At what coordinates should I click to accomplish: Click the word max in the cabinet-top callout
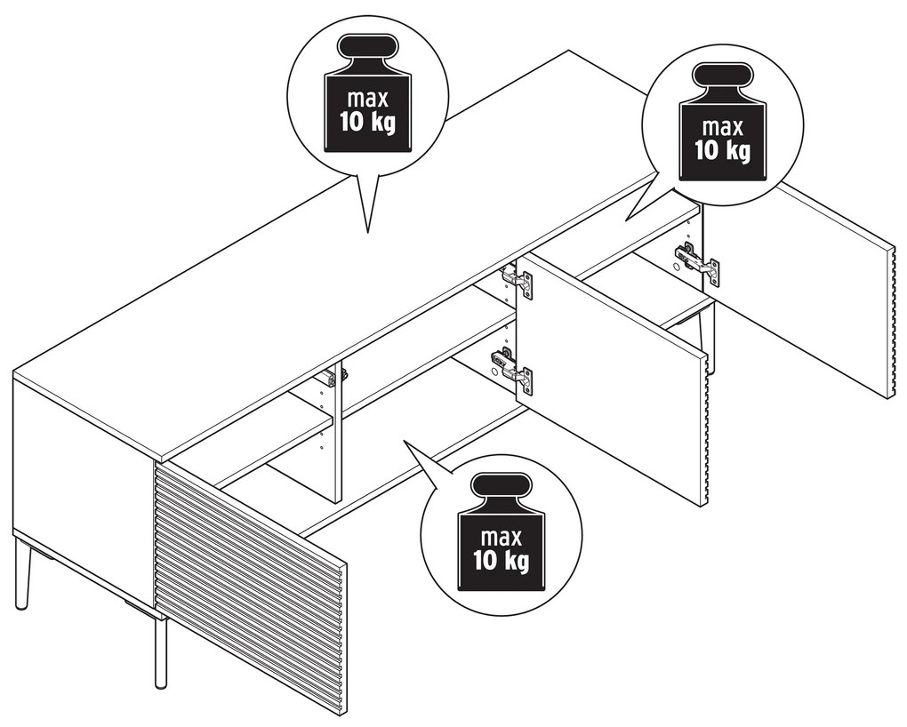click(x=368, y=100)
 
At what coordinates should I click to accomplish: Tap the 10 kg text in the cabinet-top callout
click(x=368, y=123)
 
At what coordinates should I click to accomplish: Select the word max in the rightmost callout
click(x=722, y=127)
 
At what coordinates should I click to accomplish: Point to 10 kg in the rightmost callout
click(x=722, y=150)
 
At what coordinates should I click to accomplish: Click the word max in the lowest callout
click(x=502, y=538)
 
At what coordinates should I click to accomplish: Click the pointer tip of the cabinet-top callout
click(x=368, y=233)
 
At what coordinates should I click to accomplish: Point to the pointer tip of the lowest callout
click(x=404, y=442)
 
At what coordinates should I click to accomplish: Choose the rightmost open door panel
click(x=799, y=288)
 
